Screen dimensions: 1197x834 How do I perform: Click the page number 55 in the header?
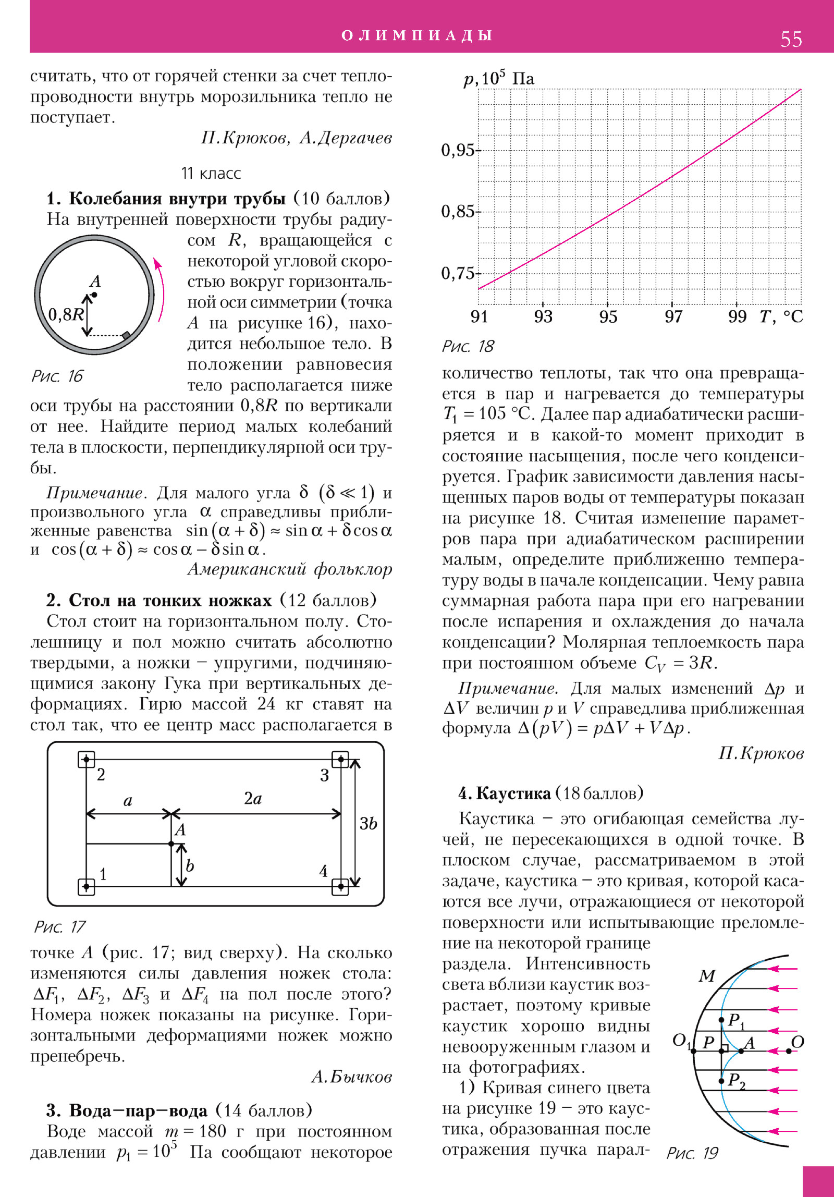tap(791, 39)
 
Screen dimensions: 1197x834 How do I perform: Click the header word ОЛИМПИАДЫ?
tap(417, 35)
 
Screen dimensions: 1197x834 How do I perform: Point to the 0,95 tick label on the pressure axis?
tap(458, 150)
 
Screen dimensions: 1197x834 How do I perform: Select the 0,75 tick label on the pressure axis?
tap(458, 273)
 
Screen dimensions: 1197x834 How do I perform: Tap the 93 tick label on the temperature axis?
tap(543, 316)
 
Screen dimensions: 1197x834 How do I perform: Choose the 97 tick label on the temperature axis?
tap(673, 316)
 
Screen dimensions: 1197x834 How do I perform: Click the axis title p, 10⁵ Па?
tap(499, 79)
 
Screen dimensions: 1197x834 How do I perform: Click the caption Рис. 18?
tap(468, 346)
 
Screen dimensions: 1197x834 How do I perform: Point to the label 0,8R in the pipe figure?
tap(66, 314)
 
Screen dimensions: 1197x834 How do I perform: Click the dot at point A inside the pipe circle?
tap(94, 295)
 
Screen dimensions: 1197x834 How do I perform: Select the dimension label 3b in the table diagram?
tap(368, 823)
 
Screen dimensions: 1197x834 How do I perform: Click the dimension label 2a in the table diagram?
tap(253, 798)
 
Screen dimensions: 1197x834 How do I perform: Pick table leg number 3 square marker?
tap(340, 760)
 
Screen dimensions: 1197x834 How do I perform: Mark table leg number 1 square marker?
tap(87, 886)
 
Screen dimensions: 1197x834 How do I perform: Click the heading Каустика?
tap(513, 793)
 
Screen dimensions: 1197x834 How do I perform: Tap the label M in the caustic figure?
tap(707, 976)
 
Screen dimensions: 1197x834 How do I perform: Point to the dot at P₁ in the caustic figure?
tap(721, 1020)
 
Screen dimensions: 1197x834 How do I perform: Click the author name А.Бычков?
tap(351, 1077)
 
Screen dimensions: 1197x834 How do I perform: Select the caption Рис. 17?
tap(59, 926)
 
